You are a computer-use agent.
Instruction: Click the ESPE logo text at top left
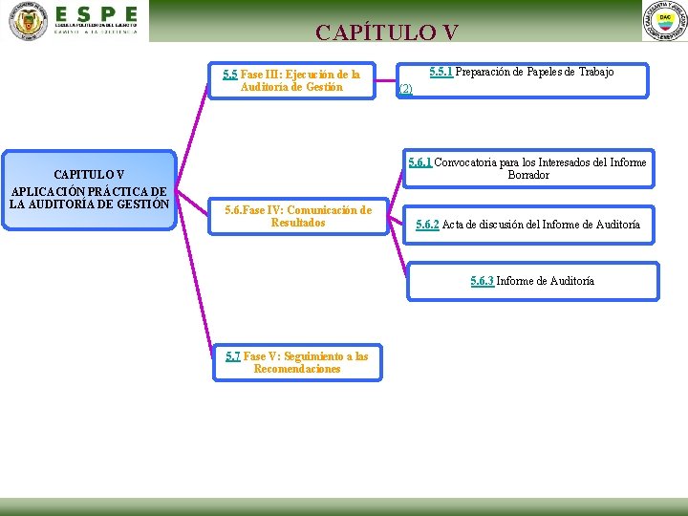click(x=96, y=15)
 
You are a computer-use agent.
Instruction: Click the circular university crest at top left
click(x=28, y=21)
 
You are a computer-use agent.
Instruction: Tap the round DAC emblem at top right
click(x=665, y=21)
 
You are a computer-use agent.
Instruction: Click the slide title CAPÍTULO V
click(x=387, y=32)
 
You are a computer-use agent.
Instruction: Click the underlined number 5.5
click(x=230, y=75)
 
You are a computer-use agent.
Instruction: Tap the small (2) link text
click(x=405, y=89)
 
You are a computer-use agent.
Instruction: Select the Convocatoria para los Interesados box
click(x=527, y=169)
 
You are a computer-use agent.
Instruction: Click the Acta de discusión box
click(x=527, y=225)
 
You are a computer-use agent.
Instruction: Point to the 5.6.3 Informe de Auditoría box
click(x=532, y=281)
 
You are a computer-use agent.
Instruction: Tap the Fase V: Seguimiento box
click(x=297, y=363)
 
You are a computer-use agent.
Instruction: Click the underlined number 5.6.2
click(x=427, y=225)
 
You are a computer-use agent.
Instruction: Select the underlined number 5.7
click(x=233, y=356)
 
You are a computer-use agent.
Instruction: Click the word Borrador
click(x=528, y=176)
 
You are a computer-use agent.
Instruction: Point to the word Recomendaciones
click(x=297, y=370)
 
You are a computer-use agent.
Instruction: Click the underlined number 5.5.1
click(x=441, y=72)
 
